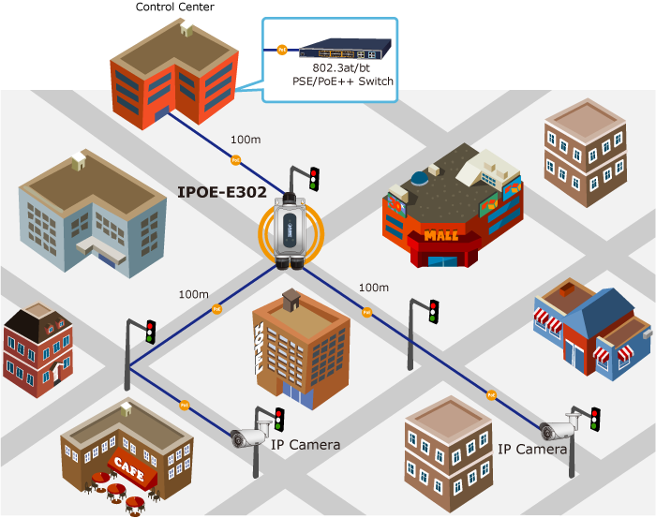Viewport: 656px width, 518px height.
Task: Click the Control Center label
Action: (174, 7)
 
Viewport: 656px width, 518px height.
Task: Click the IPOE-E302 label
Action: (222, 193)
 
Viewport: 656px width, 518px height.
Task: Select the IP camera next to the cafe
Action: (250, 435)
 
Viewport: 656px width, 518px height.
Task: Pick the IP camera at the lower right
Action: (557, 430)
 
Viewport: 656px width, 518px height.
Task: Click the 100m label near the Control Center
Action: (246, 140)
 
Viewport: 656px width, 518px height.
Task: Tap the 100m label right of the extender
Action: (373, 288)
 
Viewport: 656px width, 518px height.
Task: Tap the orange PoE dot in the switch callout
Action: (280, 48)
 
